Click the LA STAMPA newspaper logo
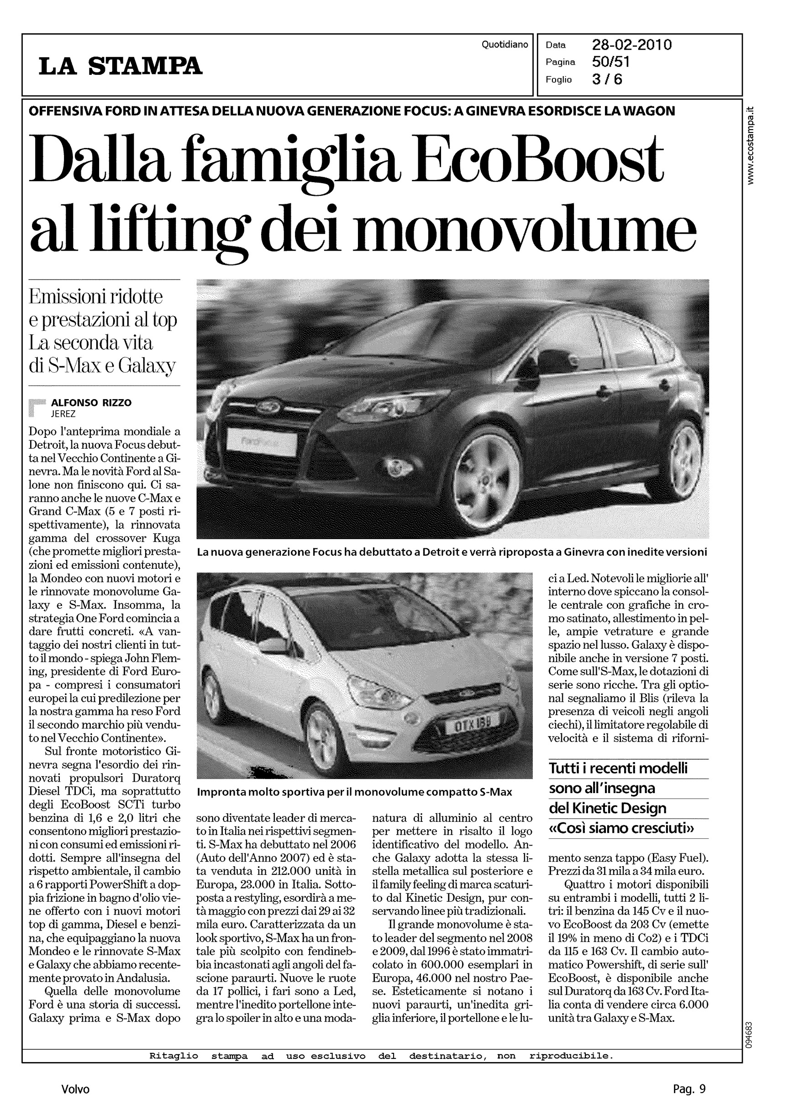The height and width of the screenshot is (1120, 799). coord(121,66)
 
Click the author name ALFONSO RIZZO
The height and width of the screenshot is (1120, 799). coord(91,403)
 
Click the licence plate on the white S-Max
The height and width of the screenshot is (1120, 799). coord(471,723)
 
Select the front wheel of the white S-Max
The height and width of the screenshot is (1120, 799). coord(325,740)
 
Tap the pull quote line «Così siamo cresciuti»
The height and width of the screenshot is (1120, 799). coord(621,829)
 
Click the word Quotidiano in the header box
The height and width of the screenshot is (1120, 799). coord(505,45)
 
